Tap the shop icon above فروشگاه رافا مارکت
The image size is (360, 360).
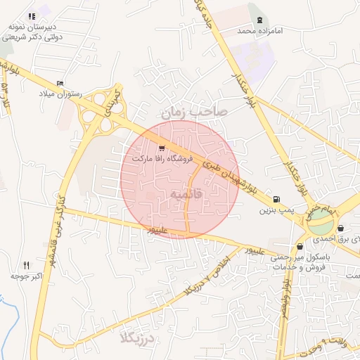(162, 148)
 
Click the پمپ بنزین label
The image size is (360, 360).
(275, 210)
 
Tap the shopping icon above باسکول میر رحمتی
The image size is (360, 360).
(300, 247)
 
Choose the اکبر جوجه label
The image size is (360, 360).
(28, 276)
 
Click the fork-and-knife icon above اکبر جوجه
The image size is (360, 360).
(27, 265)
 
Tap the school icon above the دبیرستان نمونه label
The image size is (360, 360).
(32, 16)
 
